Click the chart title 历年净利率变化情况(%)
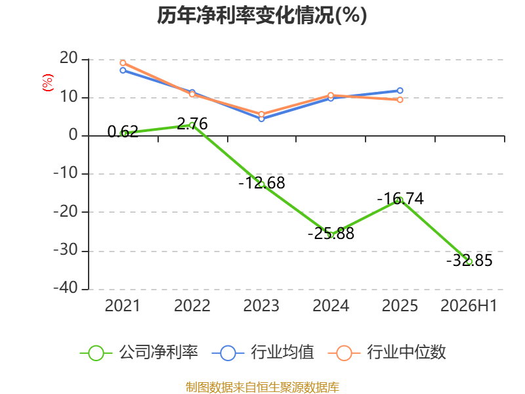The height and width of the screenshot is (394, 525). (x=262, y=15)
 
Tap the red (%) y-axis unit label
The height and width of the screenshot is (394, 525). (x=47, y=83)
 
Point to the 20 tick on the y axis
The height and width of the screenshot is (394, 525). (x=69, y=58)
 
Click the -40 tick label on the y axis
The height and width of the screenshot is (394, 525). (x=66, y=288)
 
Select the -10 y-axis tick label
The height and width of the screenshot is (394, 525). (x=66, y=173)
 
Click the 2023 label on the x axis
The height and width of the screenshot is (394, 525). (x=261, y=305)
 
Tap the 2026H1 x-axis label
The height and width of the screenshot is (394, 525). (x=469, y=305)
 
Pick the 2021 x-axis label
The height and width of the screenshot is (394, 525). (x=123, y=305)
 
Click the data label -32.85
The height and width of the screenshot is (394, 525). (x=469, y=260)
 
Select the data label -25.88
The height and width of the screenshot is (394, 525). (x=331, y=234)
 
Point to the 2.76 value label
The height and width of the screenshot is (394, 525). (x=192, y=124)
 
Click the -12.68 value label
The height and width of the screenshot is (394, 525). (x=261, y=183)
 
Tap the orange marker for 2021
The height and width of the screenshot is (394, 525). (x=123, y=63)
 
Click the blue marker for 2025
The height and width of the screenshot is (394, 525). (x=400, y=91)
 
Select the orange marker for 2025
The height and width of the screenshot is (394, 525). (x=400, y=100)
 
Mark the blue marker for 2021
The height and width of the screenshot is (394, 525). (x=123, y=70)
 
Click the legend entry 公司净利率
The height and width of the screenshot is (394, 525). (x=139, y=353)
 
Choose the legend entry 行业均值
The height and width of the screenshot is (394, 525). (x=263, y=353)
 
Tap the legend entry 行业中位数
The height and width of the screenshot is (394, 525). (x=387, y=353)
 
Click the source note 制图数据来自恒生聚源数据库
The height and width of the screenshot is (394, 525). (x=262, y=387)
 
